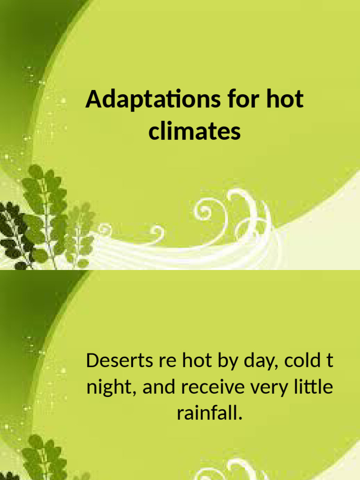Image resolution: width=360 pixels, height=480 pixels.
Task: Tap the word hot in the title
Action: point(285,100)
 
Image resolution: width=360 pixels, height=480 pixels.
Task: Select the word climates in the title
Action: point(195,131)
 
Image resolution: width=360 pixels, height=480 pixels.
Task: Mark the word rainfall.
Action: point(210,413)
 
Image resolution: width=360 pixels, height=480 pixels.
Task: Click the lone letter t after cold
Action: point(330,361)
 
